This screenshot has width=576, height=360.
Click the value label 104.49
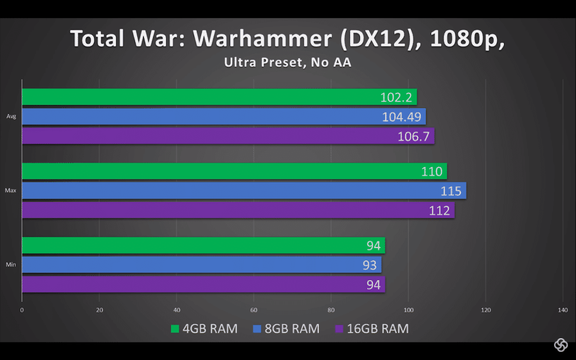tap(402, 117)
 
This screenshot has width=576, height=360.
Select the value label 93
tap(369, 265)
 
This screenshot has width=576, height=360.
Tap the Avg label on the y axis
tap(11, 117)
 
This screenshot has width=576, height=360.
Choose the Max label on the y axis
tap(10, 191)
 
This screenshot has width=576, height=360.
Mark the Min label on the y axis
tap(11, 264)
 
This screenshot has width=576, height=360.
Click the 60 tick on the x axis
tap(254, 310)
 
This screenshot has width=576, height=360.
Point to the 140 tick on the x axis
tap(562, 310)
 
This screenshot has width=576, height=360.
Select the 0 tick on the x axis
tap(22, 310)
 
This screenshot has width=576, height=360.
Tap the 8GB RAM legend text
tap(291, 328)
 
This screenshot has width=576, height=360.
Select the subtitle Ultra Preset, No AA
tap(287, 63)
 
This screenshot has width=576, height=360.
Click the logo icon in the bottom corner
tap(560, 344)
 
